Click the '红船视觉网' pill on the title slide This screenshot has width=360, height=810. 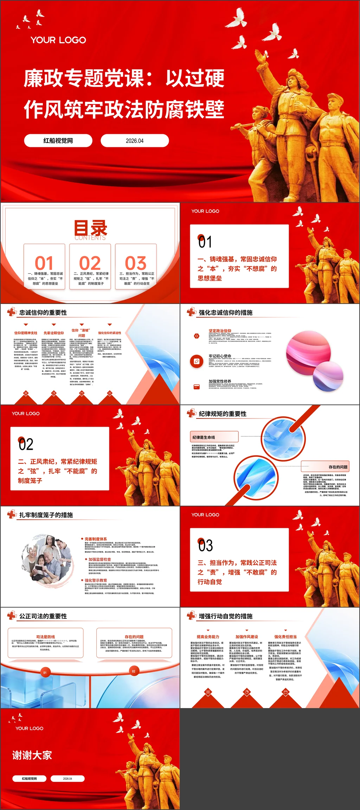point(58,141)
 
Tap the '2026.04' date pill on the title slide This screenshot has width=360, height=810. point(135,141)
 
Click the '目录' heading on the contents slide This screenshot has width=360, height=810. point(90,228)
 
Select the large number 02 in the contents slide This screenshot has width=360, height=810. point(90,263)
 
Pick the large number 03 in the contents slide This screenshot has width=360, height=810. point(136,263)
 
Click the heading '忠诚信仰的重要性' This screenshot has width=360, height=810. point(43,312)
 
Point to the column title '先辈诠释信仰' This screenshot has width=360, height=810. point(54,333)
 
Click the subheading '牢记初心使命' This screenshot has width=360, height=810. point(220,356)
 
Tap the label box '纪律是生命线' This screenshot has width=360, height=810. point(214,437)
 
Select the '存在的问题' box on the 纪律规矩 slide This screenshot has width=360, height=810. point(326,467)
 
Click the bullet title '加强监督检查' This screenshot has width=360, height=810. point(100,559)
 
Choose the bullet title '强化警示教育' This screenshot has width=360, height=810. point(96,580)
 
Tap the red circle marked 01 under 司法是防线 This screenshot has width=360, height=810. point(45,672)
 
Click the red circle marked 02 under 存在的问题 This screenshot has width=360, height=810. point(134,671)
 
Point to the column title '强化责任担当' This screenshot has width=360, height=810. point(285,636)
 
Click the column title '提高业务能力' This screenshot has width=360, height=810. point(208,636)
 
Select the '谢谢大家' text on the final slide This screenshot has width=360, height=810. point(32,755)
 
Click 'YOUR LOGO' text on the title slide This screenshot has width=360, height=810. point(58,40)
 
